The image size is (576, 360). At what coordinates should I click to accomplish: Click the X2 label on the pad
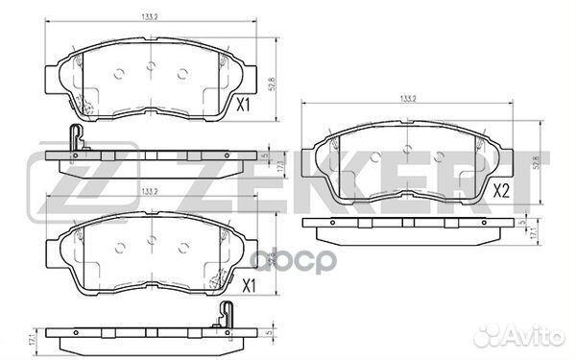(501, 191)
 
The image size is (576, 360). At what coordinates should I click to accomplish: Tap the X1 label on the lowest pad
(249, 285)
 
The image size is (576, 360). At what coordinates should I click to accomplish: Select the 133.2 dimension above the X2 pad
(407, 97)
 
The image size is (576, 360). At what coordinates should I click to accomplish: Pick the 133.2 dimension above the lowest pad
(150, 193)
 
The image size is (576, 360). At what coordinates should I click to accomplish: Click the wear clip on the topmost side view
(74, 140)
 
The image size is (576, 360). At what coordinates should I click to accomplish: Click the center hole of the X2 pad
(407, 150)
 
